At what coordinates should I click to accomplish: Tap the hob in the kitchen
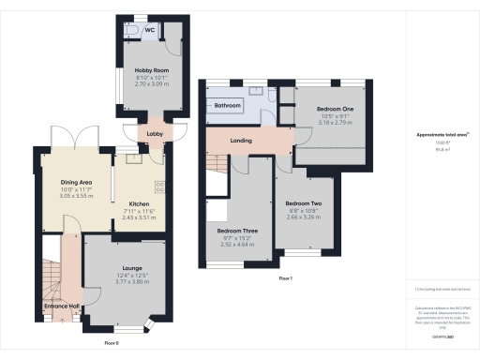[x=158, y=185]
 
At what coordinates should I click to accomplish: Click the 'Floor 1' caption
[x=285, y=279]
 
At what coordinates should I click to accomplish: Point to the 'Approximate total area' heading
[x=442, y=134]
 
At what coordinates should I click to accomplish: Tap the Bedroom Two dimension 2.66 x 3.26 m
[x=304, y=218]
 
